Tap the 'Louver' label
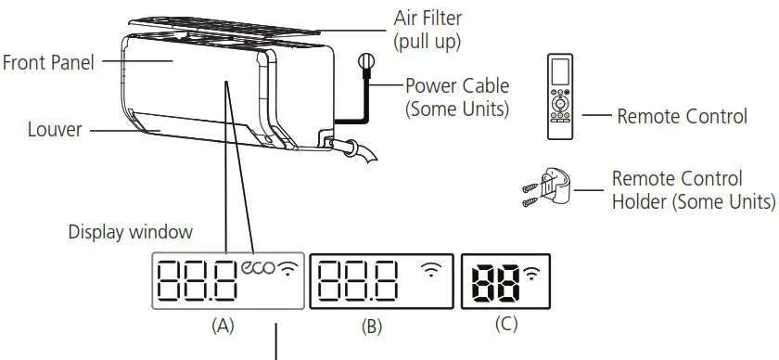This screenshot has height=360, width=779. [x=45, y=130]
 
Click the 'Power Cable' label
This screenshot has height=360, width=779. [x=457, y=85]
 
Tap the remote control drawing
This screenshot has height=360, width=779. [x=561, y=95]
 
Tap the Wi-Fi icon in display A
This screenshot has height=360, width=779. [x=290, y=269]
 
